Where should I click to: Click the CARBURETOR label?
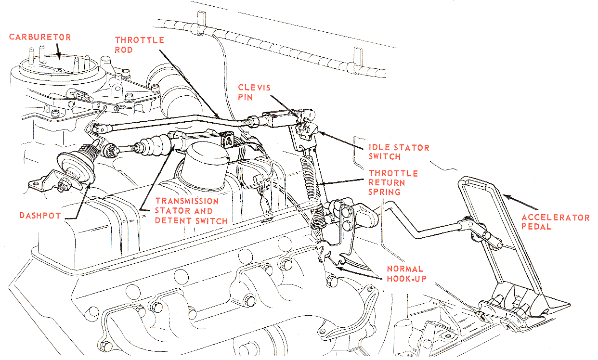40,37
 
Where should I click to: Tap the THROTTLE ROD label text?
139,45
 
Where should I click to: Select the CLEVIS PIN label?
254,92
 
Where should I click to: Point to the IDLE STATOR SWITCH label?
399,152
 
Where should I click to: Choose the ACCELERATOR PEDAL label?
555,222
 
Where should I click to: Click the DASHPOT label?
39,216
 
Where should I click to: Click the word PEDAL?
536,227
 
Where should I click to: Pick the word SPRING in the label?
385,193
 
